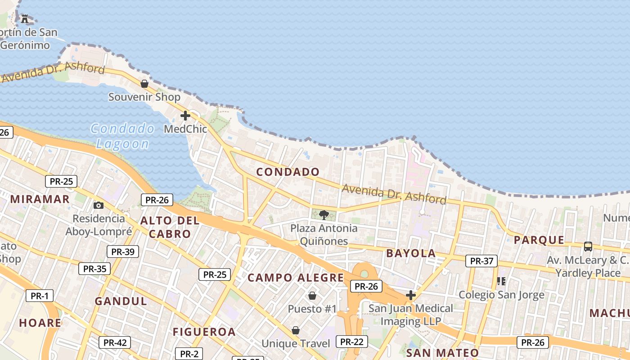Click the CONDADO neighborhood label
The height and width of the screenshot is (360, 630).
click(x=288, y=172)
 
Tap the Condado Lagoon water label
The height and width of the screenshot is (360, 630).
click(x=122, y=136)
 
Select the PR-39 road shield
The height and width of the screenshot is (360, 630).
click(x=123, y=252)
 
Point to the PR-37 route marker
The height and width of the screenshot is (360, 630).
click(x=481, y=261)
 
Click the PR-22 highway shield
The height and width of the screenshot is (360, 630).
click(x=351, y=342)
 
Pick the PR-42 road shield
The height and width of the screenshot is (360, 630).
click(x=115, y=342)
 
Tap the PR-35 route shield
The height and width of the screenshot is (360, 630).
click(x=94, y=269)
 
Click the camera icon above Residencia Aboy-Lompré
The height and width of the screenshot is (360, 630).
click(x=98, y=206)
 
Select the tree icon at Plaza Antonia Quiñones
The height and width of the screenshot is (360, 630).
click(x=324, y=215)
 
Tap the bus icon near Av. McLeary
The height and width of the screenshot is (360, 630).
click(x=588, y=246)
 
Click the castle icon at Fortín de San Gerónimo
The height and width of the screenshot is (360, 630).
click(x=24, y=18)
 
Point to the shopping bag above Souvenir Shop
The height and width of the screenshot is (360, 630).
click(x=144, y=84)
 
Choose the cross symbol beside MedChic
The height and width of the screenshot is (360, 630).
click(x=185, y=116)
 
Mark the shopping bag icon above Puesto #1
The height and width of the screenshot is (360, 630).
click(x=312, y=296)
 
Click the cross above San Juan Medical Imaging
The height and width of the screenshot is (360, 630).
click(x=410, y=295)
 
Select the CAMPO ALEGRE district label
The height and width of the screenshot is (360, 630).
click(x=296, y=278)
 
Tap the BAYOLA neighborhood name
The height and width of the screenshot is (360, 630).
click(x=411, y=253)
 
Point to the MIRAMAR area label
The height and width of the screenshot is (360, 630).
click(x=40, y=199)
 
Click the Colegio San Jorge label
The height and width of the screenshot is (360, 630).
click(x=501, y=295)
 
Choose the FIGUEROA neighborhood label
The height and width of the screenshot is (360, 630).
click(x=204, y=332)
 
